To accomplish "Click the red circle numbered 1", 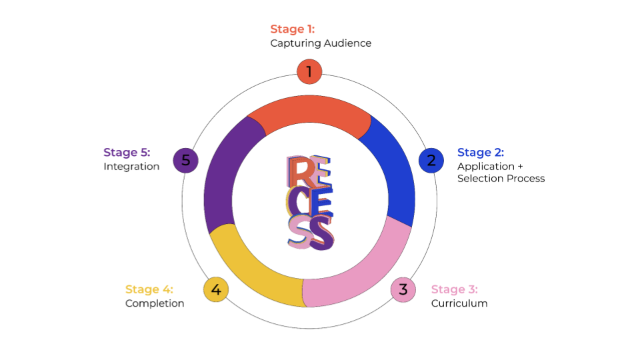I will [309, 71].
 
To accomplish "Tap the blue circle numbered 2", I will [431, 160].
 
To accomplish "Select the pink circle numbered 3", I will [403, 289].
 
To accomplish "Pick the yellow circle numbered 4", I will [216, 289].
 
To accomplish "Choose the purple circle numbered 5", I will [186, 160].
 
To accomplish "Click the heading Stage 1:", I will [292, 29].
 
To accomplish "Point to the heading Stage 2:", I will [480, 153].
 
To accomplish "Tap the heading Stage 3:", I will [454, 289].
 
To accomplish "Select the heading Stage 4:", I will [149, 289].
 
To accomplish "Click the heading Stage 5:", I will [127, 153].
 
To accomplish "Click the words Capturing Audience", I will [321, 43].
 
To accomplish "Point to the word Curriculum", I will [459, 303].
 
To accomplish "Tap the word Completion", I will [155, 303].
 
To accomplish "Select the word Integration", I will [131, 167].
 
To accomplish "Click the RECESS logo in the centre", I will [309, 202].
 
